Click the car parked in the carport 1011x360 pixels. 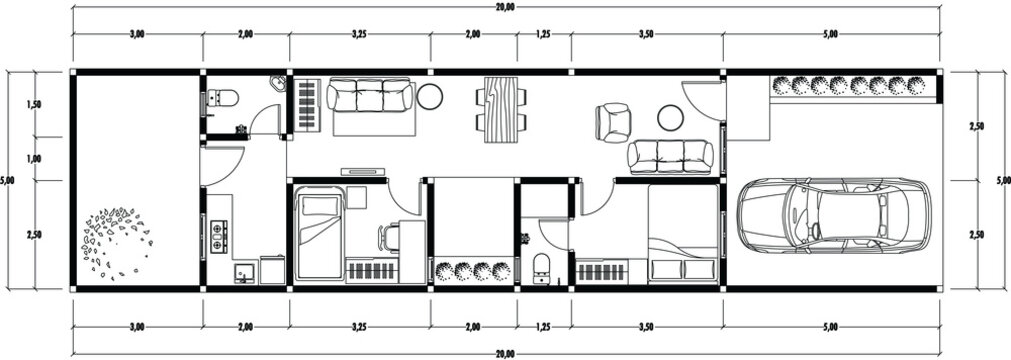coord(833,215)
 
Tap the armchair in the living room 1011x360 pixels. coord(613,122)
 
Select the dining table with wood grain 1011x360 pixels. coord(503,109)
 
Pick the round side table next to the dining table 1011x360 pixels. coord(431,97)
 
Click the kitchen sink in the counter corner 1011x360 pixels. coord(241,272)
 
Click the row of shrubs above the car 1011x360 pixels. coord(855,86)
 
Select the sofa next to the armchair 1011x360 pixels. coord(671,156)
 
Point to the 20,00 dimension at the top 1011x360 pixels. coord(505,7)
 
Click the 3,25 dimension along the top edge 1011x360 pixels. coord(359,34)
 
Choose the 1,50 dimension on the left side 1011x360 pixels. coord(35,104)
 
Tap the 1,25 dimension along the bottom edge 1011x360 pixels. coord(544,326)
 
